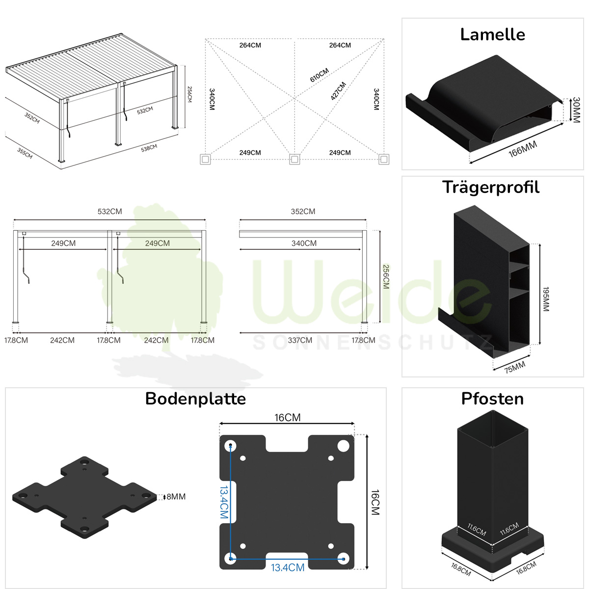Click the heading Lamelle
[x=492, y=34]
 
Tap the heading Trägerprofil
[x=490, y=187]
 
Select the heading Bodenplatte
[x=195, y=399]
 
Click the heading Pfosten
[x=492, y=399]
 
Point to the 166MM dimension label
[x=523, y=149]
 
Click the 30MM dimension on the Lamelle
[x=576, y=110]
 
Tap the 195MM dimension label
[x=546, y=299]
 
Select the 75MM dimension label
[x=515, y=367]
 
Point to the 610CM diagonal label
[x=319, y=75]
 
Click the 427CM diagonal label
[x=338, y=91]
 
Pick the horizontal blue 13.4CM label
[x=288, y=568]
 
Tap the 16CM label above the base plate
[x=287, y=418]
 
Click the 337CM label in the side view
[x=300, y=340]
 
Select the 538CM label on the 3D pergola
[x=149, y=148]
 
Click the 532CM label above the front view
[x=109, y=212]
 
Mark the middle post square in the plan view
[x=294, y=159]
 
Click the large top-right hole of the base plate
[x=343, y=446]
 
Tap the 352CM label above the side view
[x=303, y=212]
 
